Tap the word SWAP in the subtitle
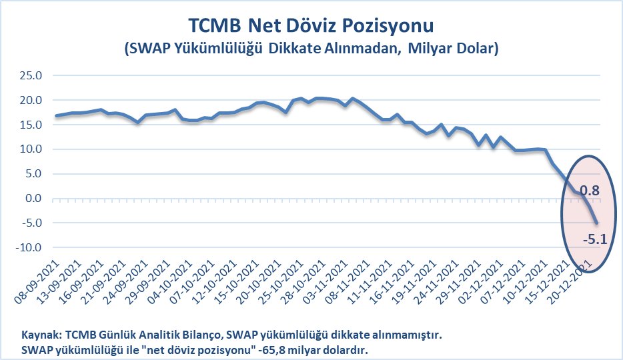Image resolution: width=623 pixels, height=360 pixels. [149, 49]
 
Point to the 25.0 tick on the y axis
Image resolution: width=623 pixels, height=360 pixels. [30, 75]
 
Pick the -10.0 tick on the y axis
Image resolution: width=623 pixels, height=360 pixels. [29, 247]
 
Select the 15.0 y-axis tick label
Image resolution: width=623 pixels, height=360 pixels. [30, 125]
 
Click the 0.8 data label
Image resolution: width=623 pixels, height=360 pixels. [589, 191]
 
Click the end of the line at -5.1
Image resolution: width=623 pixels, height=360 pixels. [597, 223]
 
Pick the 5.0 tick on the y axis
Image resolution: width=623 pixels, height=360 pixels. [33, 174]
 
